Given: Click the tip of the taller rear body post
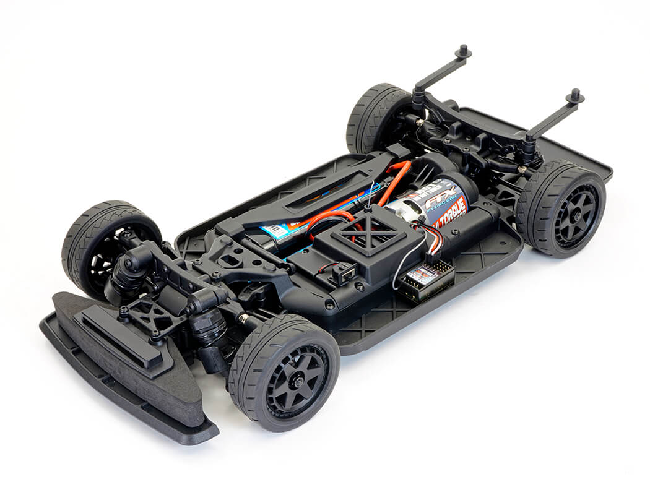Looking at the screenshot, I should (462, 49).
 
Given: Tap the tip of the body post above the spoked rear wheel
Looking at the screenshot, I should (576, 95).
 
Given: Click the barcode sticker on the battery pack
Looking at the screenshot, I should (275, 232).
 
